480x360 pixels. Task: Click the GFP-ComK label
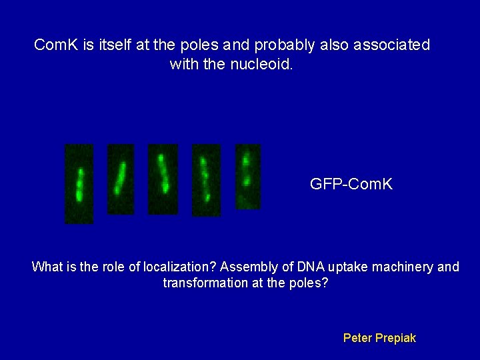[351, 183]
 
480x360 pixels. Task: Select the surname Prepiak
[397, 338]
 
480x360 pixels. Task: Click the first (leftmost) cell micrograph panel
[79, 183]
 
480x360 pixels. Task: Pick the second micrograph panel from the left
[121, 179]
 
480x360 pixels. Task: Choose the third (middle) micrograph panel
[163, 179]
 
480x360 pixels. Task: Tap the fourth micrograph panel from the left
[206, 180]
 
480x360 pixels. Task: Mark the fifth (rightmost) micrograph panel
[247, 176]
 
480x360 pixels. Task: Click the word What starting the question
[47, 267]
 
